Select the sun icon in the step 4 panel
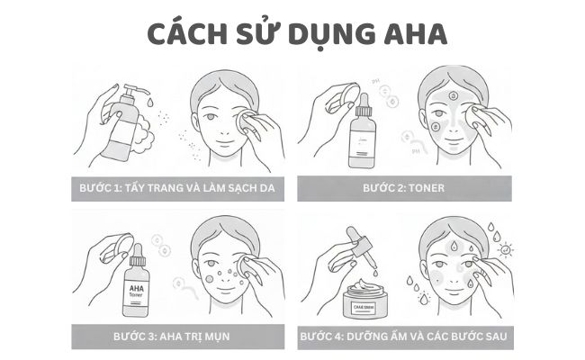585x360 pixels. click(505, 249)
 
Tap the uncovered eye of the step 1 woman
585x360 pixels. click(210, 118)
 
